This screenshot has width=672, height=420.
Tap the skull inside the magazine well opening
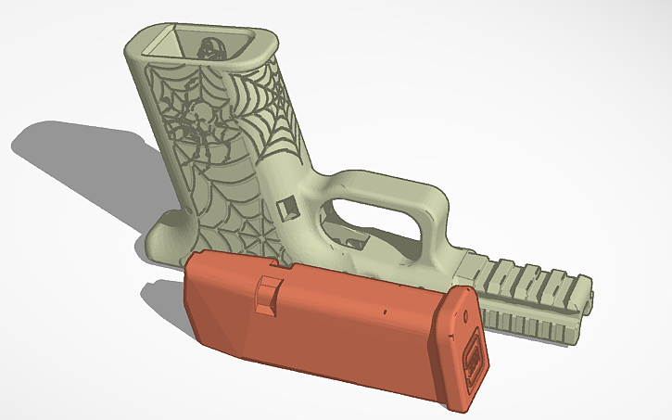coord(209,46)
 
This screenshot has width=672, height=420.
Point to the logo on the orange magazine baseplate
coord(472,356)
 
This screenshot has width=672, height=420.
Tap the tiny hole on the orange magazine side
coord(382,312)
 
